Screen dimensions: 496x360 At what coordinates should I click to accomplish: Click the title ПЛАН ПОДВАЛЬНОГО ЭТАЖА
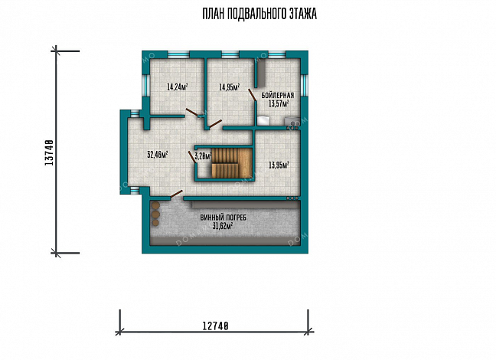pos(259,15)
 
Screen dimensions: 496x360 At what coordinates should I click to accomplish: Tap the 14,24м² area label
pos(178,87)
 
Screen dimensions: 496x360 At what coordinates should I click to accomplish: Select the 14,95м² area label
pos(230,87)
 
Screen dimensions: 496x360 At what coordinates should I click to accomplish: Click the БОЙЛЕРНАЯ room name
pos(277,95)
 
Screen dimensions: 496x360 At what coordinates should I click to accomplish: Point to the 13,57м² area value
pos(279,103)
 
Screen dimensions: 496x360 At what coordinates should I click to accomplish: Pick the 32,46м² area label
pos(158,155)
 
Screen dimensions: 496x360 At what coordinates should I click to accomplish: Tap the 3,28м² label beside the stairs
pos(203,155)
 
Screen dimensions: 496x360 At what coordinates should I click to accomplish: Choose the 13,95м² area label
pos(279,165)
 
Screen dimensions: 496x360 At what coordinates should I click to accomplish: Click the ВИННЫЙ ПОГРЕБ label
pos(224,218)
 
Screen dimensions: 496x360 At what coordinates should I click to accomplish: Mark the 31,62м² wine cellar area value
pos(223,226)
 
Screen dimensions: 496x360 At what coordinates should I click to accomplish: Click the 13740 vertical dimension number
pos(49,152)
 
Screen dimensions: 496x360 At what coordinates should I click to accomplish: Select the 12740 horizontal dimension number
pos(215,326)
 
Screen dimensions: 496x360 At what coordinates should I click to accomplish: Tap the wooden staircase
pos(232,163)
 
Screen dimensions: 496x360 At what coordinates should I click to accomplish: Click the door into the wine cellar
pos(176,195)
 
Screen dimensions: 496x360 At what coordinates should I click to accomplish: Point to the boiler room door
pos(252,95)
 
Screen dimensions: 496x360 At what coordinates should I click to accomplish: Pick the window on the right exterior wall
pos(305,86)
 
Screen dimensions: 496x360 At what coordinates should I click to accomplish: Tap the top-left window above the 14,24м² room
pos(178,55)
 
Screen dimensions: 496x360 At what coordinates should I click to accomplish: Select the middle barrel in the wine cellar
pos(155,215)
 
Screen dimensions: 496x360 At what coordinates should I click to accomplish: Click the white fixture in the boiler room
pos(263,120)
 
